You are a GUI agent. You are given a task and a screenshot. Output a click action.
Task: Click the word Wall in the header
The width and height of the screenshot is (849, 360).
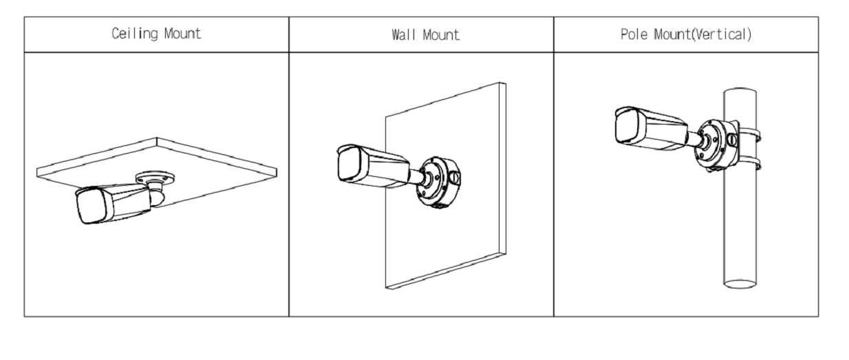[402, 34]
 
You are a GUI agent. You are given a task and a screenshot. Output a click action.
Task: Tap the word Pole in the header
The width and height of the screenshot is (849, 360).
[634, 34]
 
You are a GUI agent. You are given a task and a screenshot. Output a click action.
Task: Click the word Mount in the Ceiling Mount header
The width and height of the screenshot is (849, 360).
[182, 34]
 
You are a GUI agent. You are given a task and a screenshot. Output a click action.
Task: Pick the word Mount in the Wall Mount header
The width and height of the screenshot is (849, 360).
[440, 34]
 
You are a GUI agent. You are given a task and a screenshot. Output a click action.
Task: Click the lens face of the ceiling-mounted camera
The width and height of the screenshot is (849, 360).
[92, 206]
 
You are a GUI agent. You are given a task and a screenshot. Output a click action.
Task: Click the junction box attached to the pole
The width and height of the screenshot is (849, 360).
[715, 145]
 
